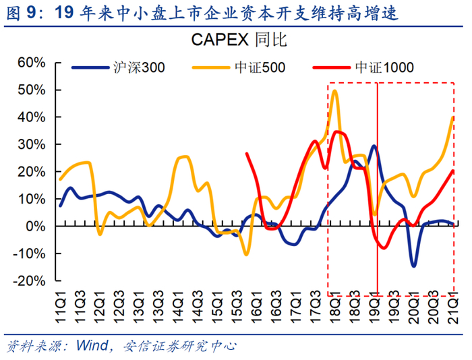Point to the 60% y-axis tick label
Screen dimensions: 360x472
pyautogui.click(x=31, y=63)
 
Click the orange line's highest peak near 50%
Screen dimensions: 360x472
pyautogui.click(x=335, y=90)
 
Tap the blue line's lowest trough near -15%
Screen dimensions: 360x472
pyautogui.click(x=413, y=266)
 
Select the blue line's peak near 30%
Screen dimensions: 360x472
pyautogui.click(x=374, y=146)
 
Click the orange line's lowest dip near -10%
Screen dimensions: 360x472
pyautogui.click(x=246, y=254)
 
